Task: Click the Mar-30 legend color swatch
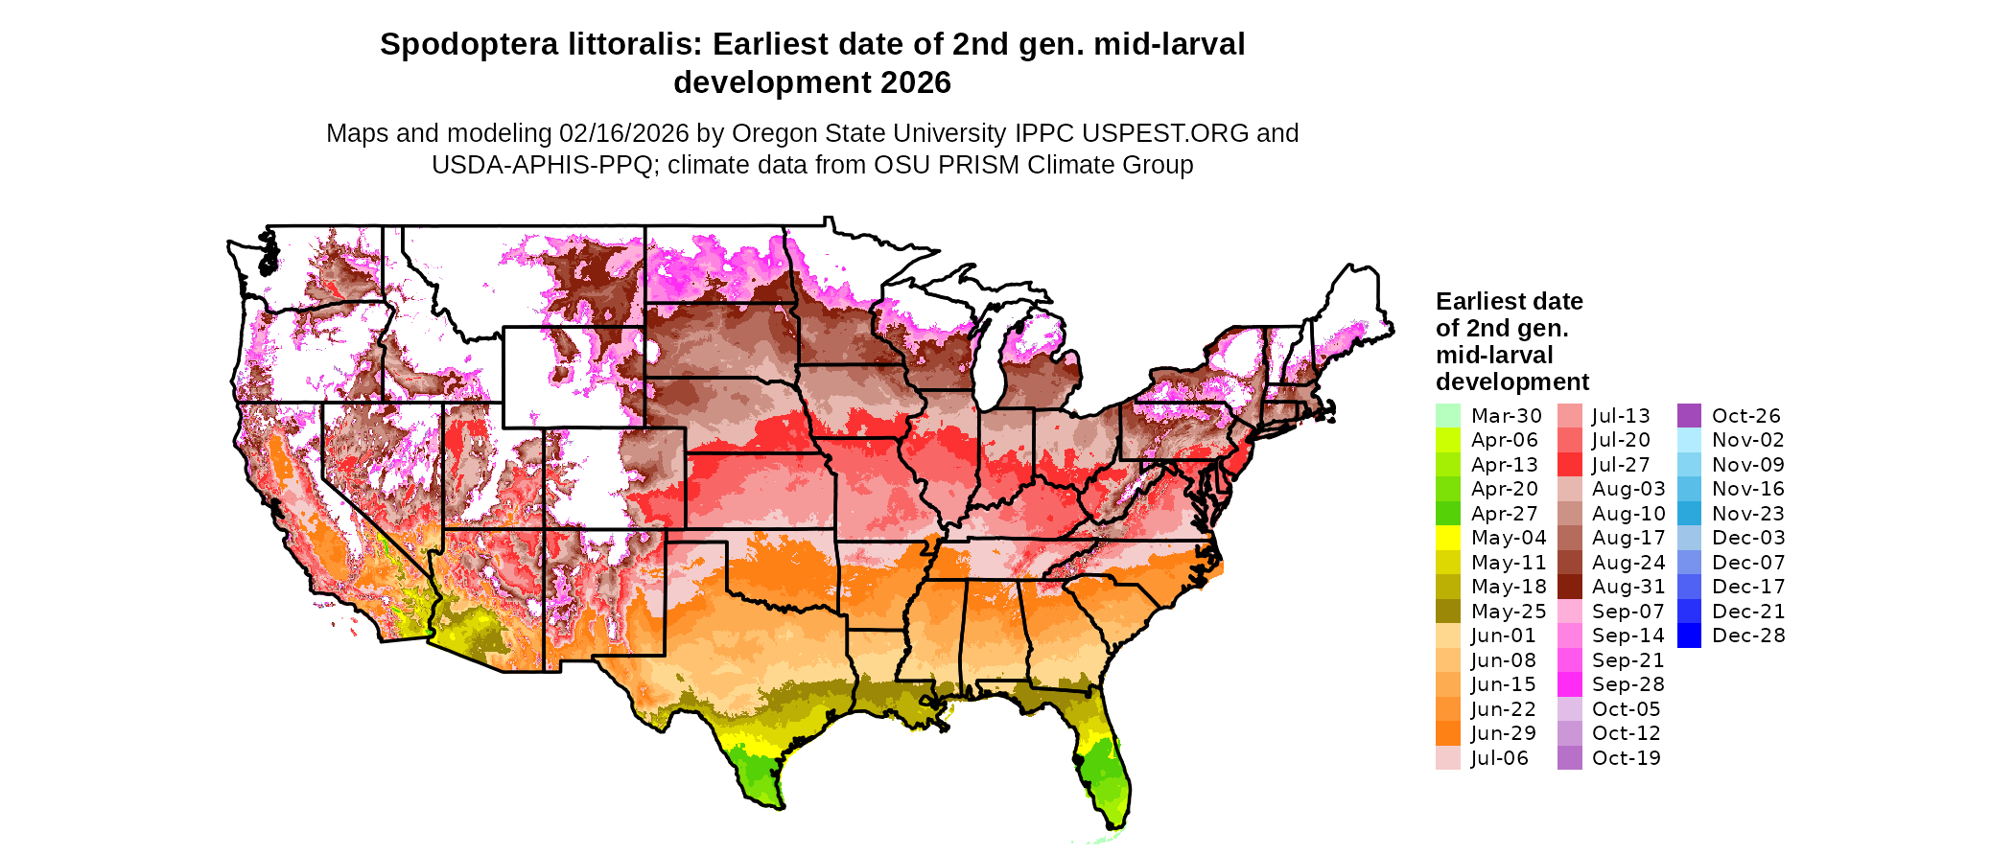point(1447,416)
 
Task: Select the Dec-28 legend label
point(1747,635)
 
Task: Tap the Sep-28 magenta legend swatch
point(1569,684)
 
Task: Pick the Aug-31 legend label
point(1628,587)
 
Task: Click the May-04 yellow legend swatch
point(1447,538)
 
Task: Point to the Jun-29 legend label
point(1503,733)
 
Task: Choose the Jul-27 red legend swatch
point(1569,465)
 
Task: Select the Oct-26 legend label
point(1745,416)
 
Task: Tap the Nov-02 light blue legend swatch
point(1689,440)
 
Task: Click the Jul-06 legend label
point(1499,758)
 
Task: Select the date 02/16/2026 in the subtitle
point(624,133)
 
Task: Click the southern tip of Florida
point(1114,825)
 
